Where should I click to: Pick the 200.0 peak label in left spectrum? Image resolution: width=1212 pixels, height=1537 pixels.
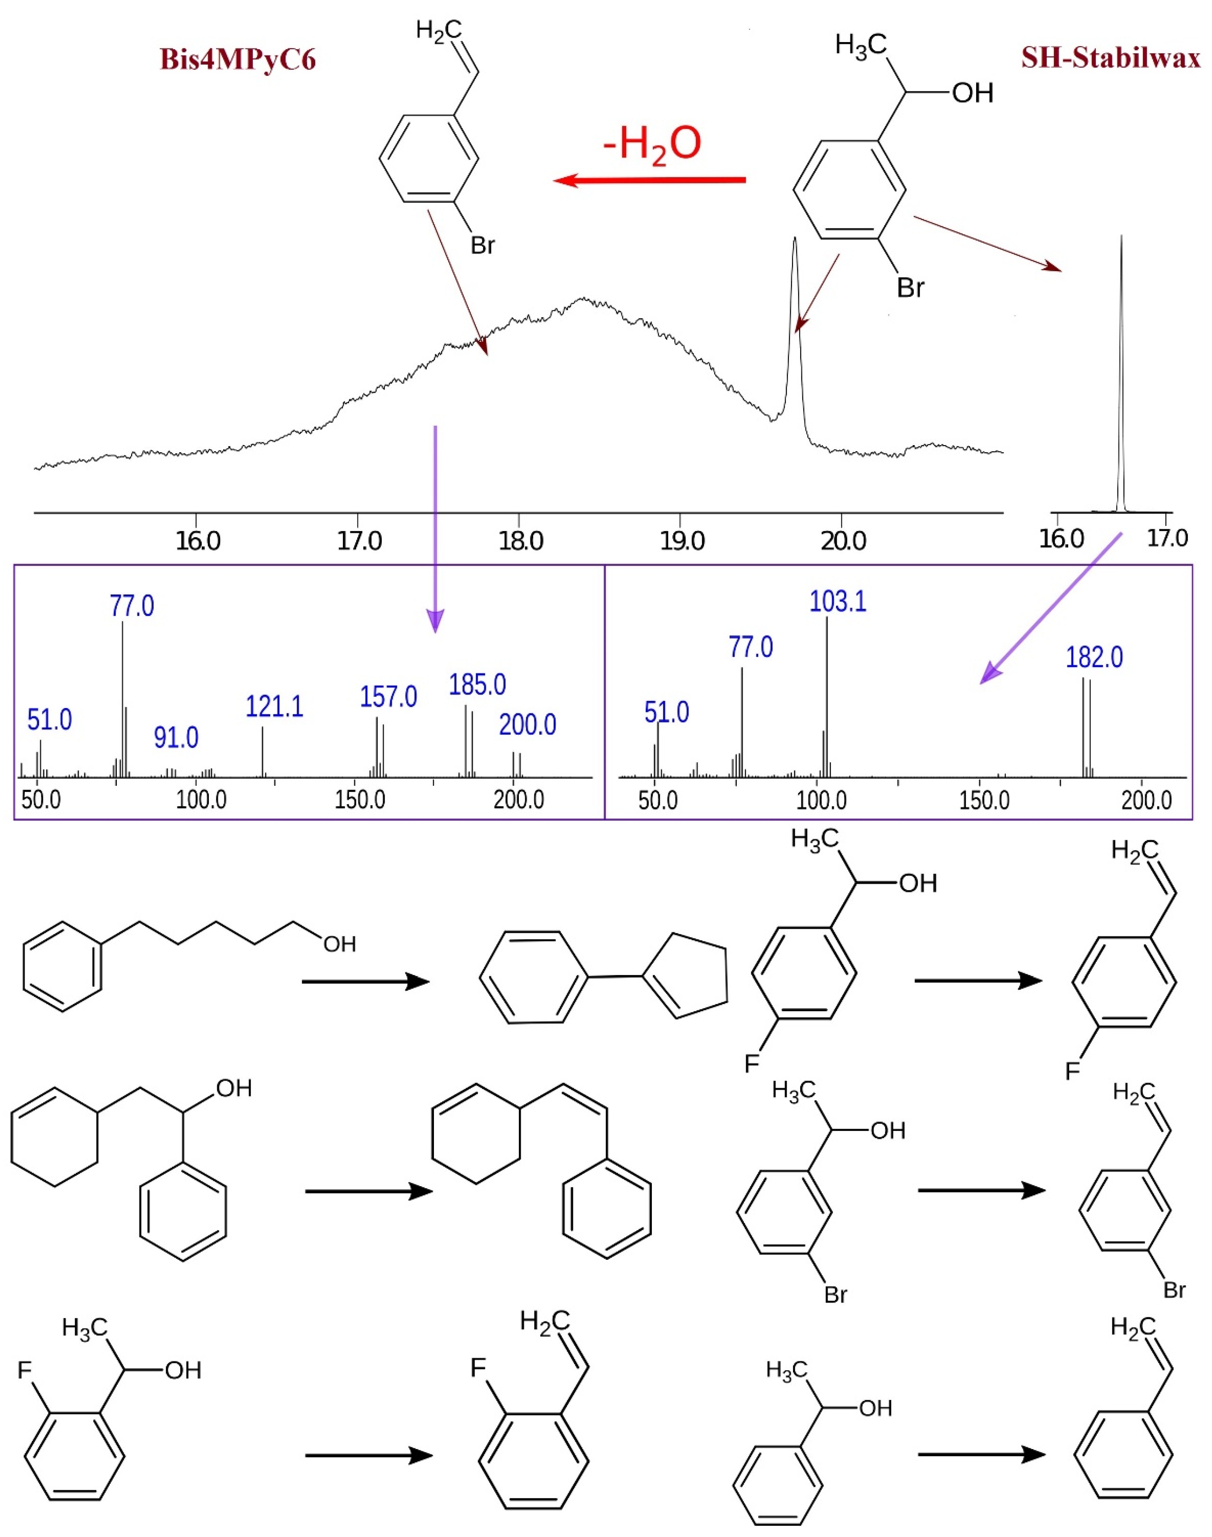(x=527, y=725)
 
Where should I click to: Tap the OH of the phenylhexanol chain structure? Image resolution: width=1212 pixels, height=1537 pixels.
(x=339, y=944)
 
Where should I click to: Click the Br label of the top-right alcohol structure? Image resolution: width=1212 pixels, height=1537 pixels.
(x=910, y=288)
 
